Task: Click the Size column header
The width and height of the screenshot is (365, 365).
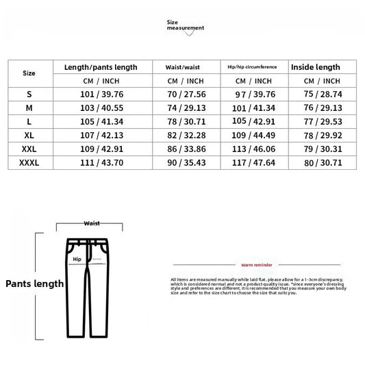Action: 29,72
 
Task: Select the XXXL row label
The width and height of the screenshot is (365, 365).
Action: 29,164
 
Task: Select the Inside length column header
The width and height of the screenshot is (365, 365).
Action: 315,67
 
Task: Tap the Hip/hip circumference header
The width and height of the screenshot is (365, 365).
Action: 252,67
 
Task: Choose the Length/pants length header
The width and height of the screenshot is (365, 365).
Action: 101,67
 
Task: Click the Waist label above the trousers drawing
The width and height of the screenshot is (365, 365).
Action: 91,223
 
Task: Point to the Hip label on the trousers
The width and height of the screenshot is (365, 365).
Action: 76,260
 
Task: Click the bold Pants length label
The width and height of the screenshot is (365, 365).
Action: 35,284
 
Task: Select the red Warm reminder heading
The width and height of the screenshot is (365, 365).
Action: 257,264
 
